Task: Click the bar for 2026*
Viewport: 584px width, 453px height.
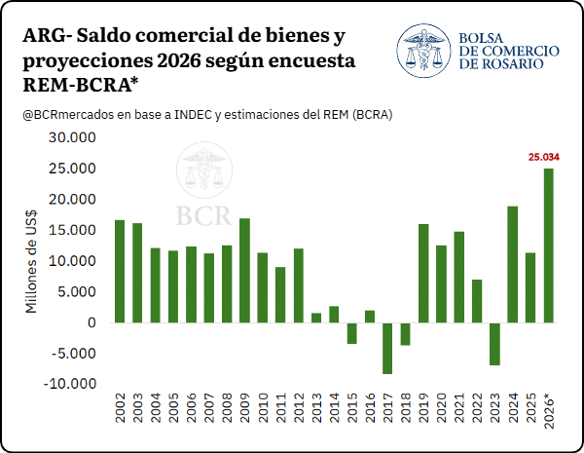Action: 549,245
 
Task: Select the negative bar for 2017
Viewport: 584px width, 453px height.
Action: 387,348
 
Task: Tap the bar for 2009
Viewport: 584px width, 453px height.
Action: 244,270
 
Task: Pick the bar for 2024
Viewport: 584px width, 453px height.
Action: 513,264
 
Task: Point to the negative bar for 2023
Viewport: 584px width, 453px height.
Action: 495,344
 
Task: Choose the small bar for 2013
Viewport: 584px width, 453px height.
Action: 316,318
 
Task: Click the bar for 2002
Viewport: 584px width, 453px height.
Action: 120,272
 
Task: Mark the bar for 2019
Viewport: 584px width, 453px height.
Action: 423,274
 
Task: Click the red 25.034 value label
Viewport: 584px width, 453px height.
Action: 544,158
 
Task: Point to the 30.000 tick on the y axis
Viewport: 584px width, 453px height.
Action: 72,137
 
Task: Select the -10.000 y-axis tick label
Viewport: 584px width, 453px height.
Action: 70,384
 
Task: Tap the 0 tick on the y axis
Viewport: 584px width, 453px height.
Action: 92,322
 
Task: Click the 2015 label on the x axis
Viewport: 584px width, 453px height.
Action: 352,407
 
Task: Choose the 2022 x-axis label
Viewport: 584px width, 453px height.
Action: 478,407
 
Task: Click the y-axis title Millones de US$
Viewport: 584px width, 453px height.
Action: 31,261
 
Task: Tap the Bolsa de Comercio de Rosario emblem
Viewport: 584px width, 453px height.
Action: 423,51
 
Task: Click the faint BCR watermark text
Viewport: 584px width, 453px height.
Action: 203,215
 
